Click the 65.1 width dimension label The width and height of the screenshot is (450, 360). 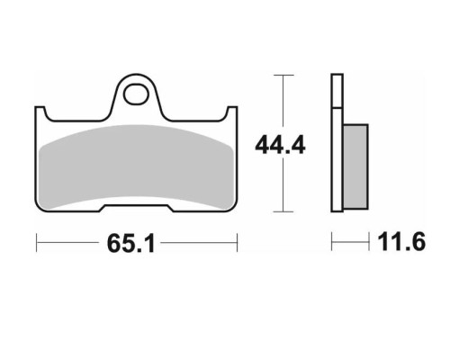[x=131, y=243]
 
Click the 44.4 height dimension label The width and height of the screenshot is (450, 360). [x=280, y=146]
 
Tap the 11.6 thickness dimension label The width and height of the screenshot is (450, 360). [x=401, y=242]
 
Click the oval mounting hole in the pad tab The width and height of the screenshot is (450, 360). [x=137, y=94]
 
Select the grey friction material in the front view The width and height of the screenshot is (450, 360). [x=137, y=166]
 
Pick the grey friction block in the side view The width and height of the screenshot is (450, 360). [x=355, y=166]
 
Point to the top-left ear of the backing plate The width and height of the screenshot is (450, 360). [x=40, y=112]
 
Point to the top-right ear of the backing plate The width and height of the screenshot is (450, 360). [x=232, y=112]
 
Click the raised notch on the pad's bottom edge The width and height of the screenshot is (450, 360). [x=137, y=207]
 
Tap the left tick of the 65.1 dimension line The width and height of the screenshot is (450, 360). [x=36, y=242]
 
